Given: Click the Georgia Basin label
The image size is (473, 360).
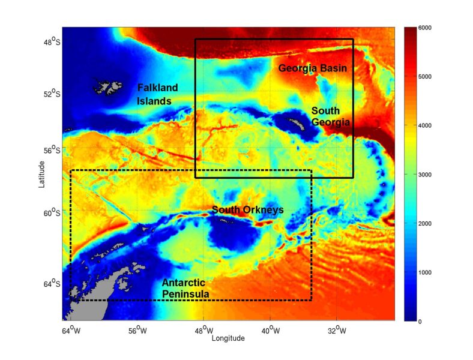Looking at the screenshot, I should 312,69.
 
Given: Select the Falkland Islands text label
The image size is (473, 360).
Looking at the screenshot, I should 154,94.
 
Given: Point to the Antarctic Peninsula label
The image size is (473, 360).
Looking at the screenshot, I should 185,289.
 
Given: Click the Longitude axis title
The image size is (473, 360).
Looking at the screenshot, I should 228,338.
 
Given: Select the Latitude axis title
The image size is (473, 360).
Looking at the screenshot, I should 41,173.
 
